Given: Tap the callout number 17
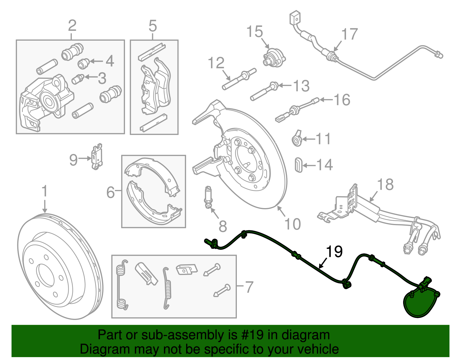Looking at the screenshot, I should click(x=349, y=34).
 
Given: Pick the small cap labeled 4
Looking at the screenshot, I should click(x=84, y=63).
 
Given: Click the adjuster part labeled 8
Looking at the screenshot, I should click(x=207, y=197).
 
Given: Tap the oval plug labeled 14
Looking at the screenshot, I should click(x=298, y=165).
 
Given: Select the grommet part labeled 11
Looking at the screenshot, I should click(x=297, y=140).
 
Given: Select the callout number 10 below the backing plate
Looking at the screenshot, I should click(x=292, y=224).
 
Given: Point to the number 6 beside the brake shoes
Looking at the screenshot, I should click(x=111, y=192).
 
